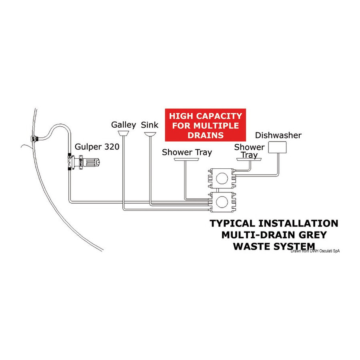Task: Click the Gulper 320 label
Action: [x=97, y=147]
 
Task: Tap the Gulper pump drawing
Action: [x=84, y=162]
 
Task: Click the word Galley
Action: [x=124, y=125]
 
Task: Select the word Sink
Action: [x=150, y=125]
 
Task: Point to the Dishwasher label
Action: [x=278, y=135]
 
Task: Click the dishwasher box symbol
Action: [x=277, y=147]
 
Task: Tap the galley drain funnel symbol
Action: [x=123, y=133]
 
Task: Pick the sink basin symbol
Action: [x=150, y=134]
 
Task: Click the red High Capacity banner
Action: [x=206, y=125]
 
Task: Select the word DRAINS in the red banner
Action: [x=206, y=135]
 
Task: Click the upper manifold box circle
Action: [x=222, y=178]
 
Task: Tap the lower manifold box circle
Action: [x=222, y=202]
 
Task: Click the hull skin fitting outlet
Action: [x=35, y=139]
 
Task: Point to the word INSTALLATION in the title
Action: [x=298, y=223]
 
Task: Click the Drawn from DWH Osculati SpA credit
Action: [x=315, y=251]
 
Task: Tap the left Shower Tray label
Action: [x=187, y=152]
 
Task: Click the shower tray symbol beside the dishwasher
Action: [x=249, y=159]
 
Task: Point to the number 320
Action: [x=112, y=147]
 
